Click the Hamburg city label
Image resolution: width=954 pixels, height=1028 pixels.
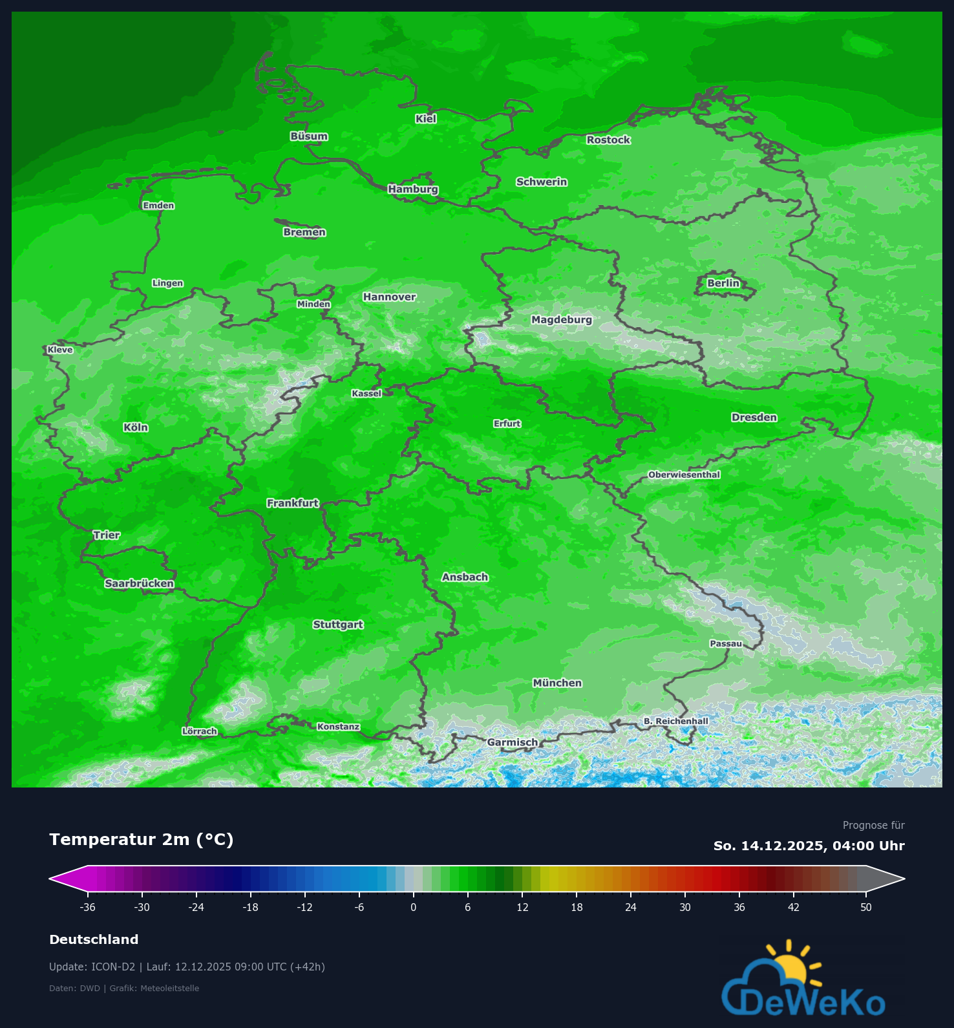(413, 189)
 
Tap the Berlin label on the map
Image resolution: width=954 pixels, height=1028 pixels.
(723, 283)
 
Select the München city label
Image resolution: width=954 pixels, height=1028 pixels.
(557, 683)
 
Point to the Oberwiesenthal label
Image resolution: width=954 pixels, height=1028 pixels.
(684, 475)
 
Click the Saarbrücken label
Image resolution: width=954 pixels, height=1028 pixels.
(140, 583)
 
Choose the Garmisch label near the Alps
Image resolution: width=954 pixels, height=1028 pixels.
(512, 742)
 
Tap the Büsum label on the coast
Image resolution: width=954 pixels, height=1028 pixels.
(309, 136)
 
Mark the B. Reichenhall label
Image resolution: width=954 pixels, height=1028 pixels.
(675, 721)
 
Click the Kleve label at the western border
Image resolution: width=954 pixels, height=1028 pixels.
(60, 350)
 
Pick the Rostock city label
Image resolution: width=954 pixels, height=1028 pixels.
(608, 140)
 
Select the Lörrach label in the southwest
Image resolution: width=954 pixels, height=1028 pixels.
(200, 731)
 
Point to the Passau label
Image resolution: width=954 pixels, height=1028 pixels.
(726, 643)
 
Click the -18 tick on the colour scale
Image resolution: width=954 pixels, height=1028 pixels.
(250, 907)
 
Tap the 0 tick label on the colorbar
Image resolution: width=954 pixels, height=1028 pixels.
(414, 907)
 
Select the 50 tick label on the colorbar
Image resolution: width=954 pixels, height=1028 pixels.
(866, 907)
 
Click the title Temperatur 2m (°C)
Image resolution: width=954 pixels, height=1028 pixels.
(141, 839)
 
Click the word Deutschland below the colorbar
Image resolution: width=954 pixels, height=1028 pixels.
(94, 939)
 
